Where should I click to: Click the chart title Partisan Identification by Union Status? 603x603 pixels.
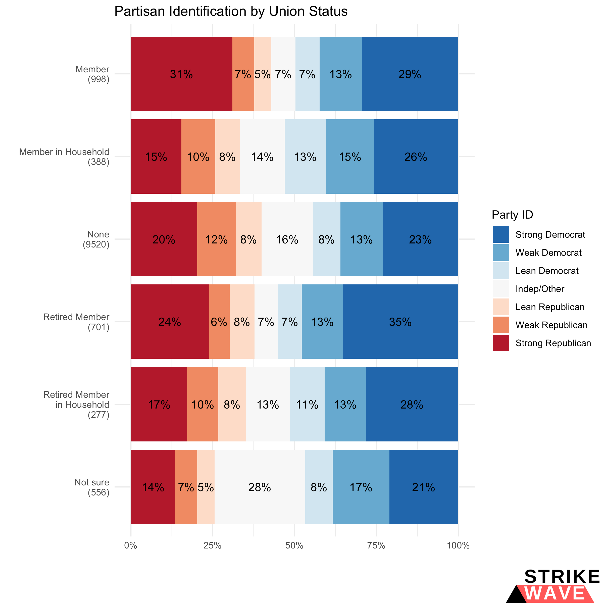click(231, 12)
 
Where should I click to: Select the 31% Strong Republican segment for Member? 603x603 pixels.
click(181, 74)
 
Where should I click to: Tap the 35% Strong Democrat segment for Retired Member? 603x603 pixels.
click(400, 322)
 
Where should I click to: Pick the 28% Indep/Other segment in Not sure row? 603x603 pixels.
click(260, 487)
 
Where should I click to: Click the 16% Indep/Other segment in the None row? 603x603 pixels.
click(287, 239)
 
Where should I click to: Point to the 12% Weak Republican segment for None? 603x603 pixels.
click(216, 239)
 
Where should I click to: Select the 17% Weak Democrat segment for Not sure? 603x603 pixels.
click(361, 487)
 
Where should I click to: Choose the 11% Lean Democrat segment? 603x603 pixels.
click(307, 405)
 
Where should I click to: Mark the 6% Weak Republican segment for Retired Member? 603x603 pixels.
click(219, 322)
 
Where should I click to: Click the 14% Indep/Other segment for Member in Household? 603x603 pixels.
click(262, 157)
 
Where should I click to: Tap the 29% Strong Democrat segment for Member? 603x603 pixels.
click(410, 74)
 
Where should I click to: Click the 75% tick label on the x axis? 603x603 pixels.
click(376, 545)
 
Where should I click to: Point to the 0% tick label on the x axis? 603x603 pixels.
click(131, 545)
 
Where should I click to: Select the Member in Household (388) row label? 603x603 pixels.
click(64, 157)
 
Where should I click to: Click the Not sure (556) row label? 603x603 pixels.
click(92, 487)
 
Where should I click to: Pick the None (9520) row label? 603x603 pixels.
click(96, 239)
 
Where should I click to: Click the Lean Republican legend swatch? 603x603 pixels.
click(501, 307)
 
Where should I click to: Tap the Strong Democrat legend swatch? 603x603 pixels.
click(501, 234)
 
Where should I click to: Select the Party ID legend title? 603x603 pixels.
click(512, 215)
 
